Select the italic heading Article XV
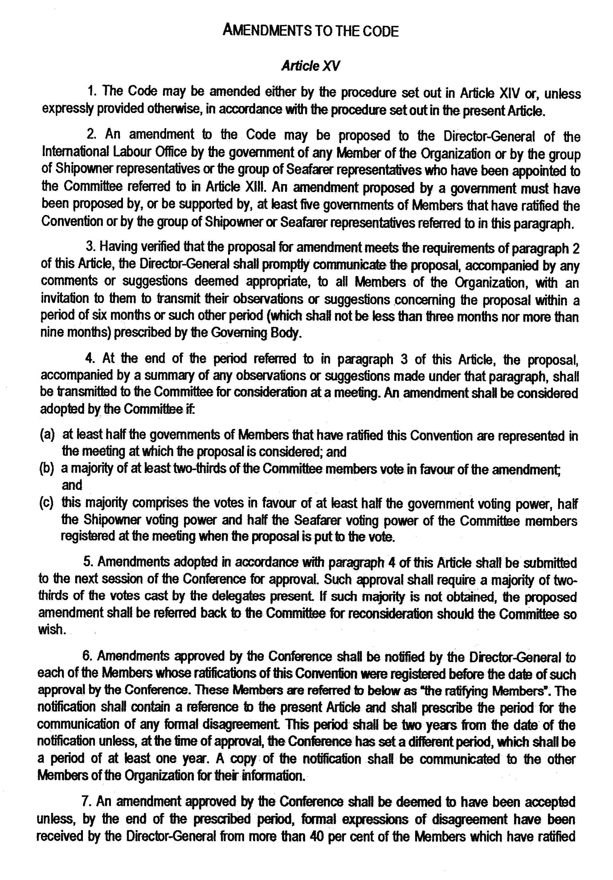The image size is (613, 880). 310,66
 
